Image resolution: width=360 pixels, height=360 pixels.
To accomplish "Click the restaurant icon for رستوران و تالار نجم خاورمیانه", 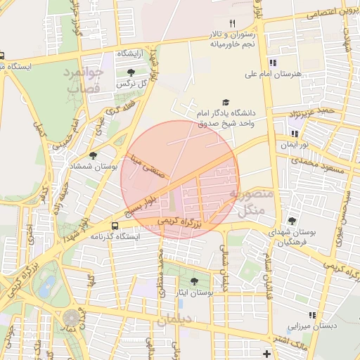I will (x=232, y=23).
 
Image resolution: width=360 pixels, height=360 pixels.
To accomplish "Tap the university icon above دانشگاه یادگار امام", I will (x=226, y=102).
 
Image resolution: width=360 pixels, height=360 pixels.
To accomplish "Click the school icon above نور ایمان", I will (x=295, y=133).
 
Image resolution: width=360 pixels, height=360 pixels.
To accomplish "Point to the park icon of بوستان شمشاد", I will (x=93, y=155).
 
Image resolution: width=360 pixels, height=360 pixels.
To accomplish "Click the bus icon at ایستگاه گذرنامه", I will (x=115, y=226).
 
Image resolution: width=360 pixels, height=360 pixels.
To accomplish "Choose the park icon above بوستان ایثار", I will (x=194, y=281).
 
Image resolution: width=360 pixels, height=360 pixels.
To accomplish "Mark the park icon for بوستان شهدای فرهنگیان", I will (x=292, y=221).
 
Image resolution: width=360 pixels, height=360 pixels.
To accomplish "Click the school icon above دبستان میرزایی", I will (x=311, y=316).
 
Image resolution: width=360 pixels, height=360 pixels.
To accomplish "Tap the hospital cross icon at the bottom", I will (x=266, y=353).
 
